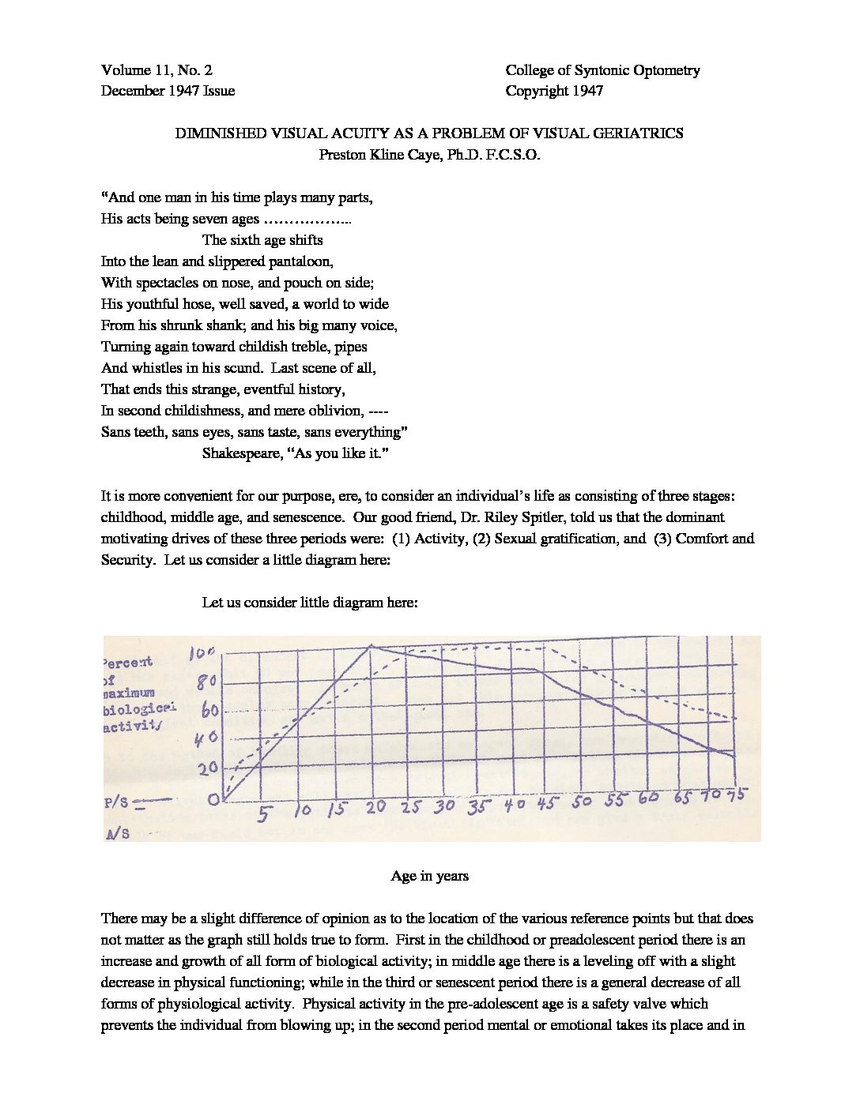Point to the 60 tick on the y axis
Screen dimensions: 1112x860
coord(209,709)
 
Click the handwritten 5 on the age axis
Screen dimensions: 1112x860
coord(263,813)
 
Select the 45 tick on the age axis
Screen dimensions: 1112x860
coord(547,804)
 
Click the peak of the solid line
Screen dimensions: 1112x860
coord(372,646)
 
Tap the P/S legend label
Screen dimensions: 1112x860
coord(116,802)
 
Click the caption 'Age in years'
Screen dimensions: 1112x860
coord(429,876)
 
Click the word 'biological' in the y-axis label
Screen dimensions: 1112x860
coord(139,709)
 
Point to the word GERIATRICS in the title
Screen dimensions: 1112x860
coord(635,133)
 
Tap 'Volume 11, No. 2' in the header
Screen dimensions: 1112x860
coord(157,70)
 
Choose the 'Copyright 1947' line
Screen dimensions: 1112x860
coord(554,91)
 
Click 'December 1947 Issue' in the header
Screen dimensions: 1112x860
coord(168,91)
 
